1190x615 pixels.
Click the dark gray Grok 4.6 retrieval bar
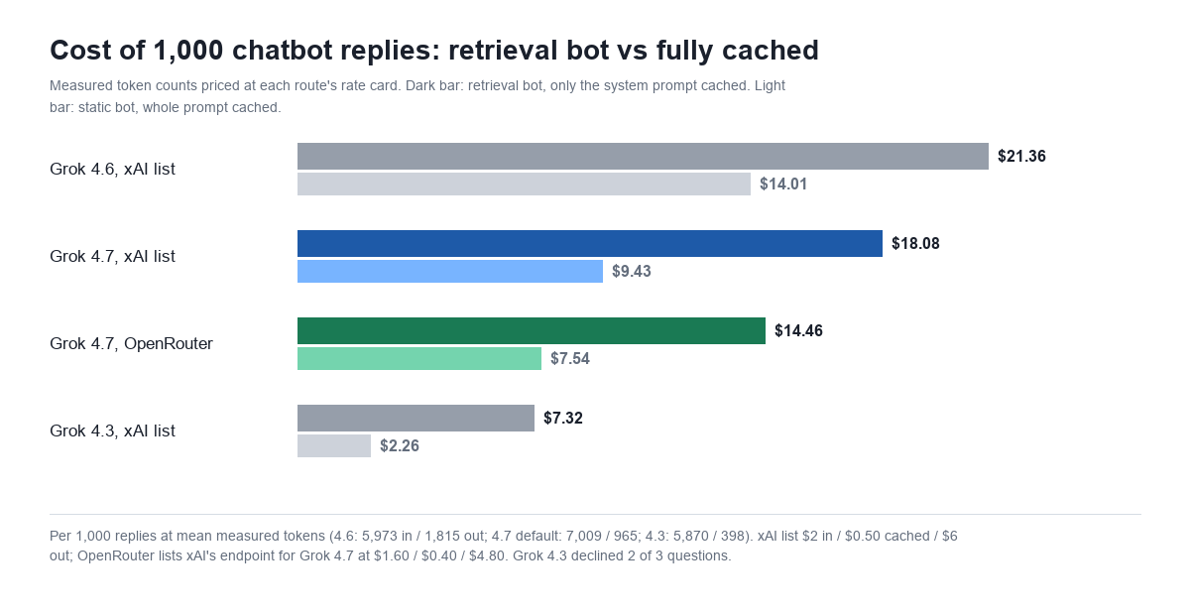point(643,157)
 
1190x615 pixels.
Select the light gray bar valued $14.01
point(524,184)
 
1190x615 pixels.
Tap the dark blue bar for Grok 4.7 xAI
point(590,243)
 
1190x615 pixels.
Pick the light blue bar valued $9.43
point(450,271)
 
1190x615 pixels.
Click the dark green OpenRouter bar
point(532,330)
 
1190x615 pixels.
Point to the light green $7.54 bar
point(419,358)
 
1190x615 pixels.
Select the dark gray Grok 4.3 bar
point(416,418)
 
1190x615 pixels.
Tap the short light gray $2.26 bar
point(334,445)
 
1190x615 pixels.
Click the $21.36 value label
point(1021,157)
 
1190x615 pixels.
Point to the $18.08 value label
point(915,243)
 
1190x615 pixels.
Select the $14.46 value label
point(798,330)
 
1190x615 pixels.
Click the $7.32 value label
point(563,418)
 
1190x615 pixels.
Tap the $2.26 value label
point(400,445)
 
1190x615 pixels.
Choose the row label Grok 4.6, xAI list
point(112,169)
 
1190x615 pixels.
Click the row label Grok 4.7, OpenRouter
point(131,343)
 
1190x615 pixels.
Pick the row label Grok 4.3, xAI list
point(112,430)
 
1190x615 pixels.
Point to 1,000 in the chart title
point(188,52)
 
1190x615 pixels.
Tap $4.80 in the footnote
point(486,556)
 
